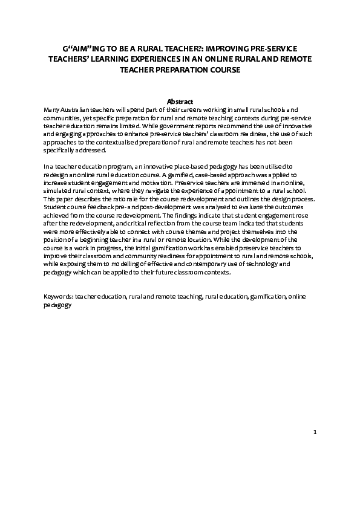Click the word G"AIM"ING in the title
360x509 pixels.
click(x=81, y=47)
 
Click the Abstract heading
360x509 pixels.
click(x=180, y=101)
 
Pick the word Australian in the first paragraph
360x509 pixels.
click(x=76, y=109)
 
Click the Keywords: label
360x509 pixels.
click(x=59, y=297)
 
